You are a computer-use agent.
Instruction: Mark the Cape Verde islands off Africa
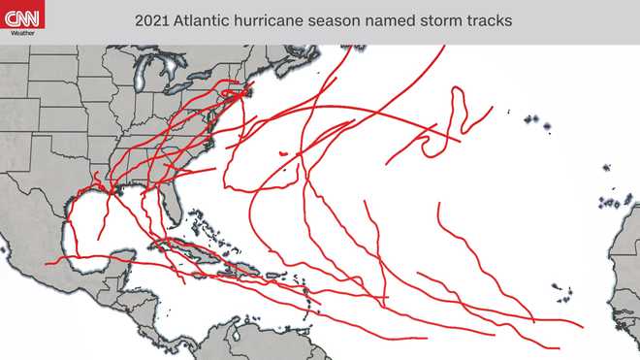point(560,288)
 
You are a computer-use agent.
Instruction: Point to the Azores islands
point(534,122)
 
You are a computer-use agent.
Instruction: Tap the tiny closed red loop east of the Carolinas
point(281,153)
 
